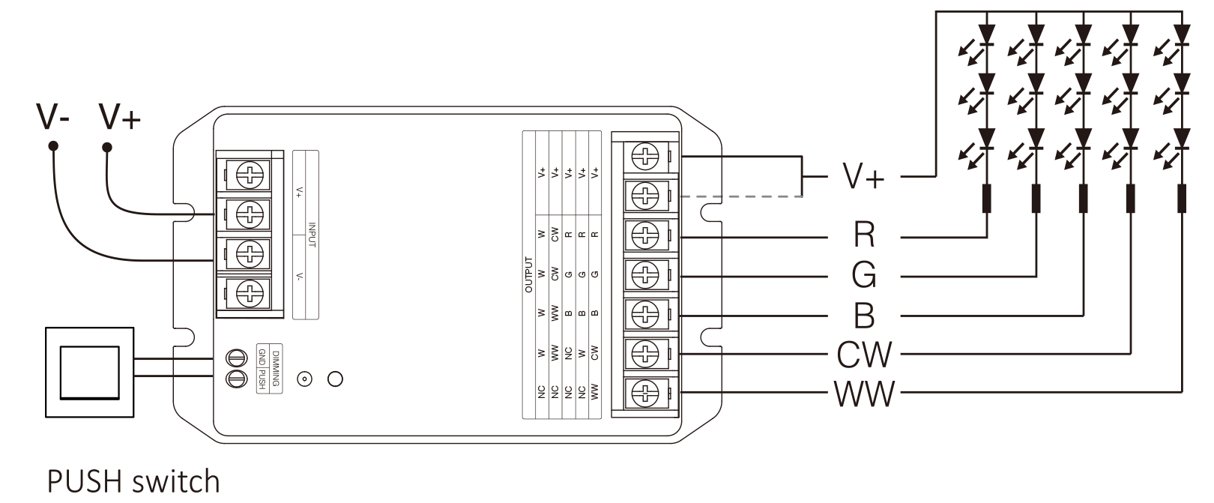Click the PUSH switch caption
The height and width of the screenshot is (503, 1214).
[133, 481]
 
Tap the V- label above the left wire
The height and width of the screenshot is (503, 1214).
[53, 117]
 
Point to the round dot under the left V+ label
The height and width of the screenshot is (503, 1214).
[107, 145]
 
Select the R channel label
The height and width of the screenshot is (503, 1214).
[863, 235]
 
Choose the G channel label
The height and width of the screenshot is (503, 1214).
[863, 276]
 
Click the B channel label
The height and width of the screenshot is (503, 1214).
[863, 316]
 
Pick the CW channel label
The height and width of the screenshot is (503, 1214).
[863, 355]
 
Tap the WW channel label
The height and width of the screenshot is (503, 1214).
[863, 394]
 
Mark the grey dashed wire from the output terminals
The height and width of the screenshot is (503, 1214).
[742, 196]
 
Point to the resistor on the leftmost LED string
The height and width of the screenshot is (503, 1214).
[986, 199]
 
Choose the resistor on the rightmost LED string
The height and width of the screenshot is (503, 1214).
[1182, 199]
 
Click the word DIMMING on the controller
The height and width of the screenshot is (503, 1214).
[277, 367]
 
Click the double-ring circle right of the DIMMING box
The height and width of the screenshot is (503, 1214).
[304, 379]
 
